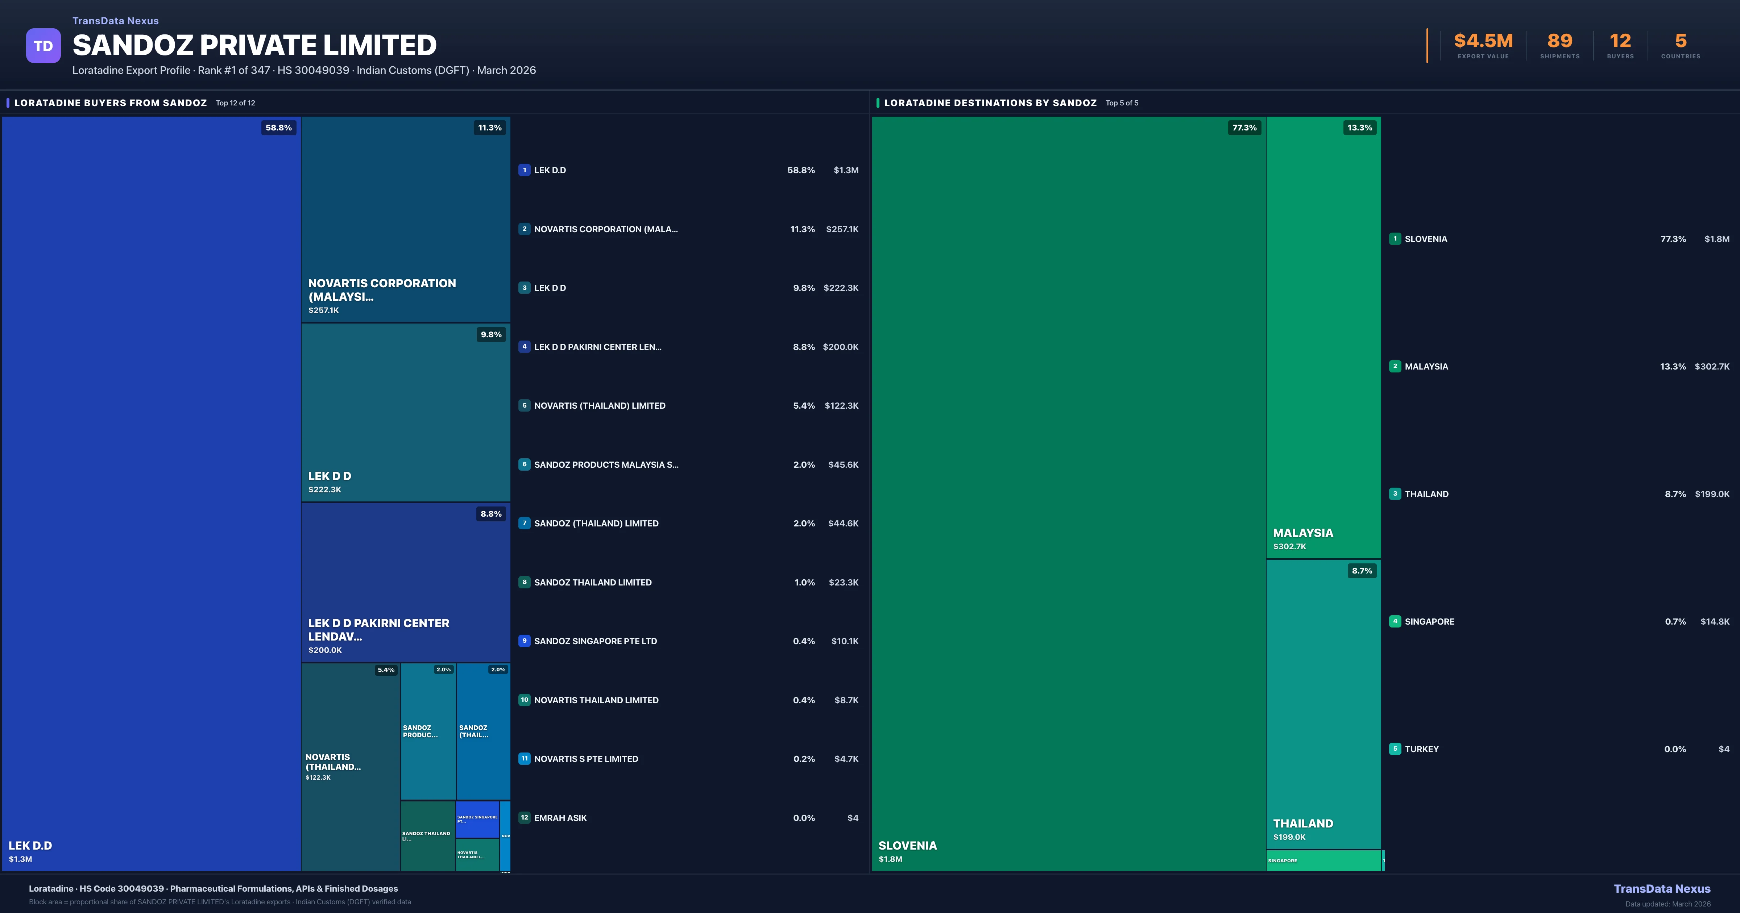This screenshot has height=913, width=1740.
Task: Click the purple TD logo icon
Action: point(43,46)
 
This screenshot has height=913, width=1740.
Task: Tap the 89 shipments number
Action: point(1559,41)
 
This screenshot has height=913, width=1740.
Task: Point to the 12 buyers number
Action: point(1620,41)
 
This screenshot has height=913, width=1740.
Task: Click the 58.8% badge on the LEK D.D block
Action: point(278,128)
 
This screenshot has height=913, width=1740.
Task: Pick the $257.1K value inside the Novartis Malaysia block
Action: point(324,310)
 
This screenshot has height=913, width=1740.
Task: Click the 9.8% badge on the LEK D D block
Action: point(491,334)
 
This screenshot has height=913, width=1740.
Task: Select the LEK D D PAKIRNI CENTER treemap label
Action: point(378,629)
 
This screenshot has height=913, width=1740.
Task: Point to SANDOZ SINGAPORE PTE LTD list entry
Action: point(595,641)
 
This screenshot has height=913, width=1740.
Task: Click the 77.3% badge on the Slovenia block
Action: point(1244,128)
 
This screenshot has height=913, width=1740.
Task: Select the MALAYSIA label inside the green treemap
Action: point(1303,533)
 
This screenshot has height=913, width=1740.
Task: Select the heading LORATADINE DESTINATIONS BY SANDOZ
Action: point(990,103)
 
